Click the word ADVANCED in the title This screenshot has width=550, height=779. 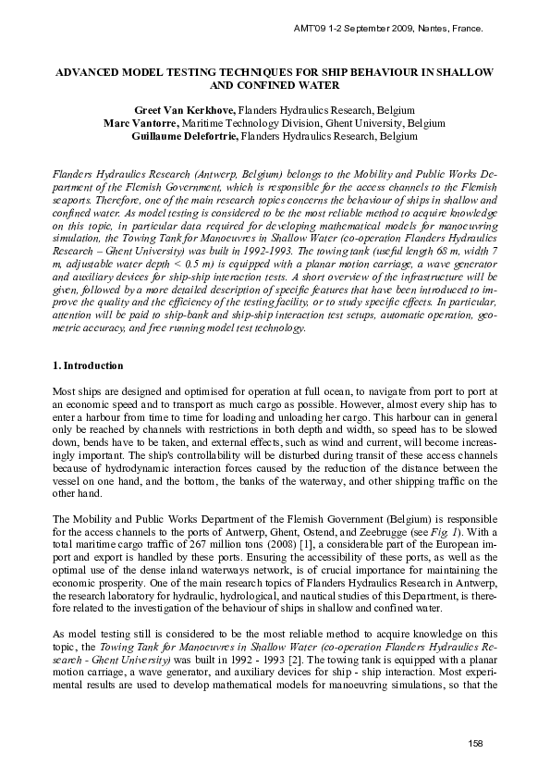click(89, 70)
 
